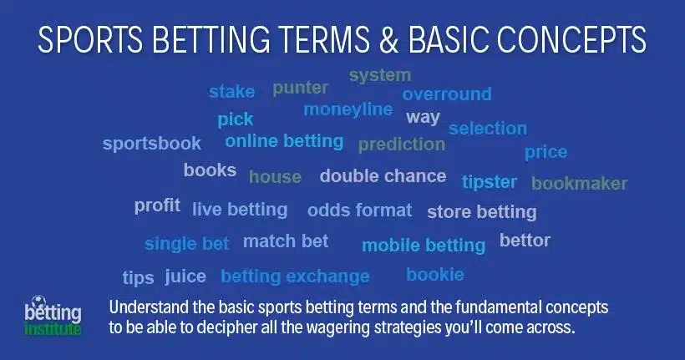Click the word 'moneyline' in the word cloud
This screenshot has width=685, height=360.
coord(348,110)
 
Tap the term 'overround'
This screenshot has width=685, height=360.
coord(447,94)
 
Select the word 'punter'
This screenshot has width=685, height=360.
coord(301,89)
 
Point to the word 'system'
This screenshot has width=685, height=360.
coord(380,75)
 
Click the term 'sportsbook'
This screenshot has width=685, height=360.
coord(151,144)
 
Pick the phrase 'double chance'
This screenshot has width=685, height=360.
coord(383,176)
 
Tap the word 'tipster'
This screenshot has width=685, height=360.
coord(490,182)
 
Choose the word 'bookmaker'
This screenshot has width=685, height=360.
coord(579,184)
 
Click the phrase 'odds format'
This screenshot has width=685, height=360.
coord(359,210)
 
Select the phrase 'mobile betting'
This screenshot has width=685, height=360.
coord(424,246)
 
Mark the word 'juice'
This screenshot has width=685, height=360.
coord(185,276)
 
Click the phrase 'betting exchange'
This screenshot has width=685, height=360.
coord(296,276)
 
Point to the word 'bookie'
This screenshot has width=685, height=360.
coord(435,274)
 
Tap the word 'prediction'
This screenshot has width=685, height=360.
coord(402,145)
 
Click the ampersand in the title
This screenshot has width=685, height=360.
coord(388,39)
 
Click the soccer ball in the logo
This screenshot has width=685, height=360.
coord(39,301)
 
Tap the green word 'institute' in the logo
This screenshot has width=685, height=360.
coord(53,328)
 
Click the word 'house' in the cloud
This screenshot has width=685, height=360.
coord(275,177)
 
